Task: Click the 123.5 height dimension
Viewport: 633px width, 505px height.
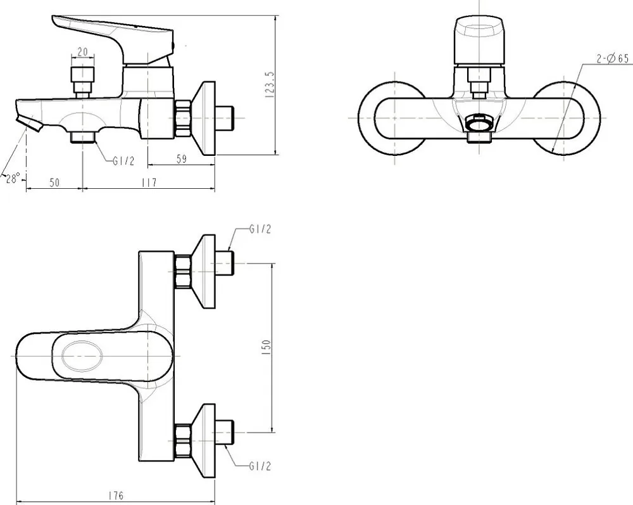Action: coord(270,85)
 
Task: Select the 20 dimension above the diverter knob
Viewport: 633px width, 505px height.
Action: coord(82,52)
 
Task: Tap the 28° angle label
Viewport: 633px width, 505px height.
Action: coord(13,178)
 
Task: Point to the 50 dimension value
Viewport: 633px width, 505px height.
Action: coord(54,182)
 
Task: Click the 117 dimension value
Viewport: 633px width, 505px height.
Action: coord(149,182)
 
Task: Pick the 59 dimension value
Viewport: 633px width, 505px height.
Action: coord(182,159)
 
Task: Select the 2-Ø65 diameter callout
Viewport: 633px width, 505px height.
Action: coord(613,58)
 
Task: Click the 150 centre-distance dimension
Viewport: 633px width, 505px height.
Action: coord(266,347)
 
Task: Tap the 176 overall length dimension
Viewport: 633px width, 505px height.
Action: coord(116,495)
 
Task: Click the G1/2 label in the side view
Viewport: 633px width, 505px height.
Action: coord(123,161)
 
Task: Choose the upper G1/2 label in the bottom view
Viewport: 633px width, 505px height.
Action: coord(260,229)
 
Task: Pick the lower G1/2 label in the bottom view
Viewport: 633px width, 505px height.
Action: coord(260,466)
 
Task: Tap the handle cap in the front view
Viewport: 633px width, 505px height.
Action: coord(479,41)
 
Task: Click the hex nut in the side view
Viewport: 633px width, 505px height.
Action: coord(183,118)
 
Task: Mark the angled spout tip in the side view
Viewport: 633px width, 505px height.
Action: coord(30,123)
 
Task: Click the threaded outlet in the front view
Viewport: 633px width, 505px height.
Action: coord(479,129)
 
